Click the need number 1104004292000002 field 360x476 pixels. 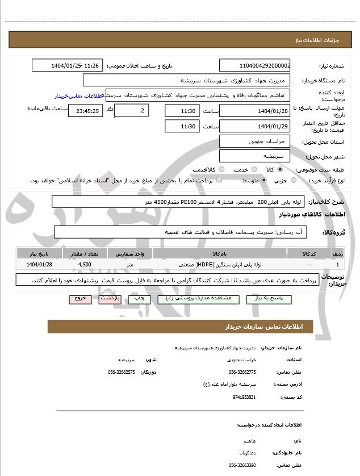click(255, 66)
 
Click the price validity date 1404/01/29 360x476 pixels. click(255, 126)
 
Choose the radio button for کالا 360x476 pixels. click(279, 169)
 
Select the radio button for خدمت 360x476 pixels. click(254, 169)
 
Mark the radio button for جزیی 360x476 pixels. click(293, 181)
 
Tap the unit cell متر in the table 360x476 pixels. click(130, 265)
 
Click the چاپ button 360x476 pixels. click(138, 298)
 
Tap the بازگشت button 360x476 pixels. click(110, 298)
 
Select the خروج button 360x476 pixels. click(80, 298)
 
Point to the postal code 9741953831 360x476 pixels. click(244, 396)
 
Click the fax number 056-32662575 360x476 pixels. click(121, 372)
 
